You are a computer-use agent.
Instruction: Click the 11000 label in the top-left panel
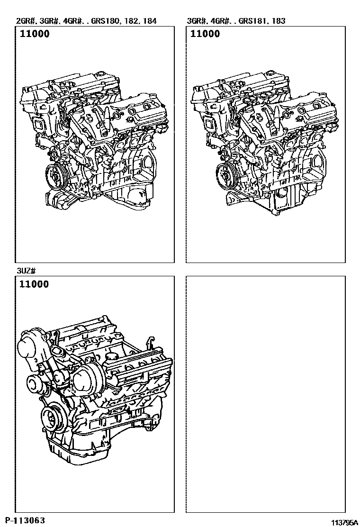click(x=35, y=34)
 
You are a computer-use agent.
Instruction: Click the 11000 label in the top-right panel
click(x=205, y=34)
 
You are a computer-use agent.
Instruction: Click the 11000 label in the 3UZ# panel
click(x=34, y=284)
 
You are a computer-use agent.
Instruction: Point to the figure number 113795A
click(x=344, y=522)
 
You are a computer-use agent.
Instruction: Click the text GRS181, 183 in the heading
click(x=262, y=21)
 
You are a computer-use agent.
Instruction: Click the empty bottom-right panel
click(x=266, y=394)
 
